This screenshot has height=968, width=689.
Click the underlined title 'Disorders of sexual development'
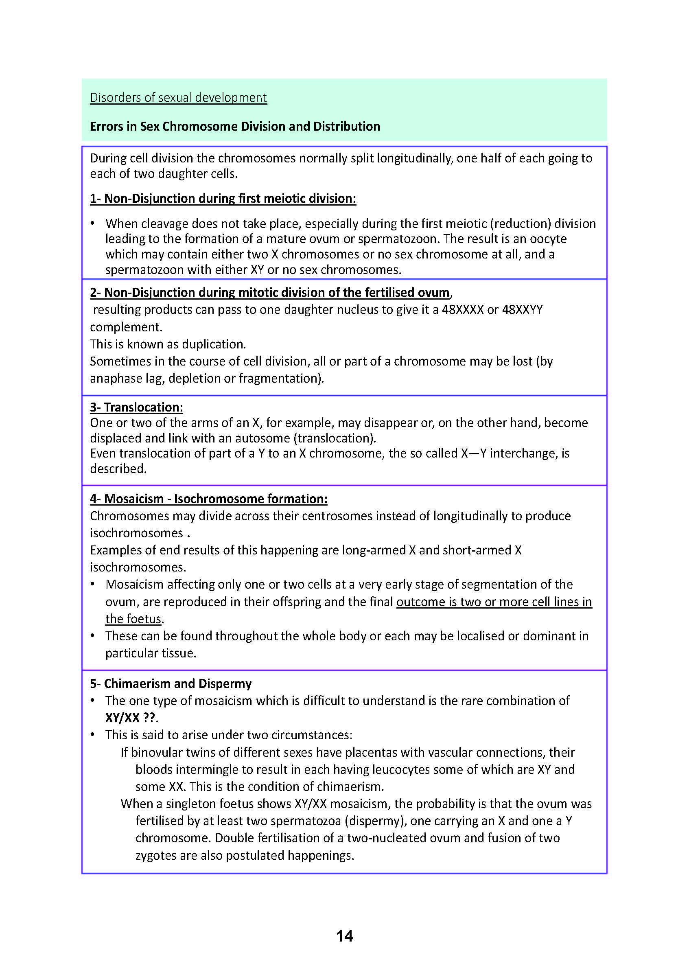[x=178, y=98]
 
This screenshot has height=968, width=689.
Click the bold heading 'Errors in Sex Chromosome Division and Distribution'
[x=234, y=127]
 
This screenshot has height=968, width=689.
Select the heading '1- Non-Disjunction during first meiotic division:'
[x=223, y=199]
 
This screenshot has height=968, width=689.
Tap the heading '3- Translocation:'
[x=136, y=407]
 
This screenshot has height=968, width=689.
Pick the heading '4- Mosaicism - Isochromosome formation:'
[x=208, y=499]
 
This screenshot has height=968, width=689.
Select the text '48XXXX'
[x=462, y=310]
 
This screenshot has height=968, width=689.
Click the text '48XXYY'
[x=522, y=310]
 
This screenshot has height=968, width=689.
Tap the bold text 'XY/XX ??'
[x=130, y=718]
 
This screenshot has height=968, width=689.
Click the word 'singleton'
[x=192, y=804]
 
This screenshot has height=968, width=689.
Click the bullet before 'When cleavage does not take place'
[x=92, y=223]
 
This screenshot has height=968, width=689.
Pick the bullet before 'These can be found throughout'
[x=92, y=636]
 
